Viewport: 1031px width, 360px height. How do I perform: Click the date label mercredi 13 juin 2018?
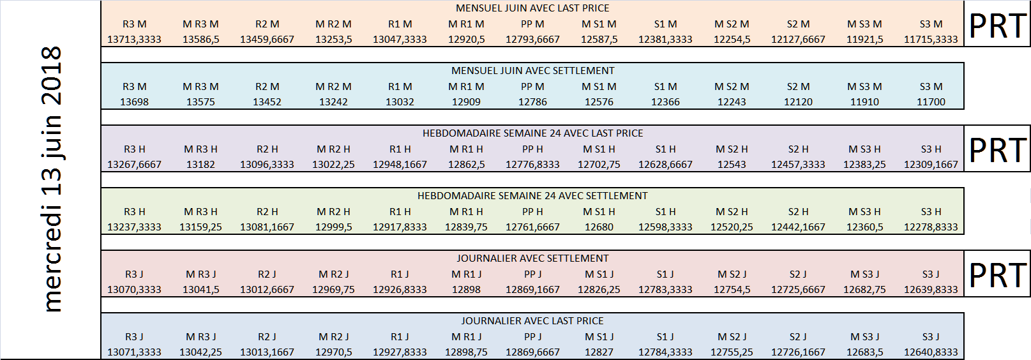tap(52, 179)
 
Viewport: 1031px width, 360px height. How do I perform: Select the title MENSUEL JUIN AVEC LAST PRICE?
tap(532, 8)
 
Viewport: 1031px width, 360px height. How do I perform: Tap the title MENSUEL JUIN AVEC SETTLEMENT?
tap(532, 71)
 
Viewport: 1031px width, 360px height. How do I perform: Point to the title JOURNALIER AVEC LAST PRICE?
tap(532, 321)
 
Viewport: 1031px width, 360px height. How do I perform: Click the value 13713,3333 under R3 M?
tap(135, 40)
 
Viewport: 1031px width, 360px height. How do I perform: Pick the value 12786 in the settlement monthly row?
tap(532, 102)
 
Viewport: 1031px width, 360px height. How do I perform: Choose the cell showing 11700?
tap(931, 102)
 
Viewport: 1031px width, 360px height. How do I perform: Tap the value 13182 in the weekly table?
tap(200, 165)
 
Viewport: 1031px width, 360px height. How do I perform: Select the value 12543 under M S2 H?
tap(732, 165)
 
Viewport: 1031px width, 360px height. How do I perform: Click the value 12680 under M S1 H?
tap(599, 227)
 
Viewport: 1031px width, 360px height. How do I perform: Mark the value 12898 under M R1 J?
tap(466, 290)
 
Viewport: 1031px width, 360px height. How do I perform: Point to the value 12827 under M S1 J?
tap(599, 352)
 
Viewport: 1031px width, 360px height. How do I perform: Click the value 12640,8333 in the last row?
tap(931, 352)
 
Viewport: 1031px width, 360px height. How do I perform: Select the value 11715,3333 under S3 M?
tap(931, 40)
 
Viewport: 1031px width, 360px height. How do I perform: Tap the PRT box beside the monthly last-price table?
tap(997, 24)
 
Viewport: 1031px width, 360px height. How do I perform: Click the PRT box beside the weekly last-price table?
tap(997, 149)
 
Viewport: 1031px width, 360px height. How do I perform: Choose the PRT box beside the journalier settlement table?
tap(997, 274)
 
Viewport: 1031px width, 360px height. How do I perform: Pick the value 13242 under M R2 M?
tap(333, 102)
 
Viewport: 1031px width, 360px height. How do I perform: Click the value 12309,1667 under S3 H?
tap(931, 165)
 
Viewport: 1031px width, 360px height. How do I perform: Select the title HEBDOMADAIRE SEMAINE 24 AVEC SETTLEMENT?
tap(532, 196)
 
